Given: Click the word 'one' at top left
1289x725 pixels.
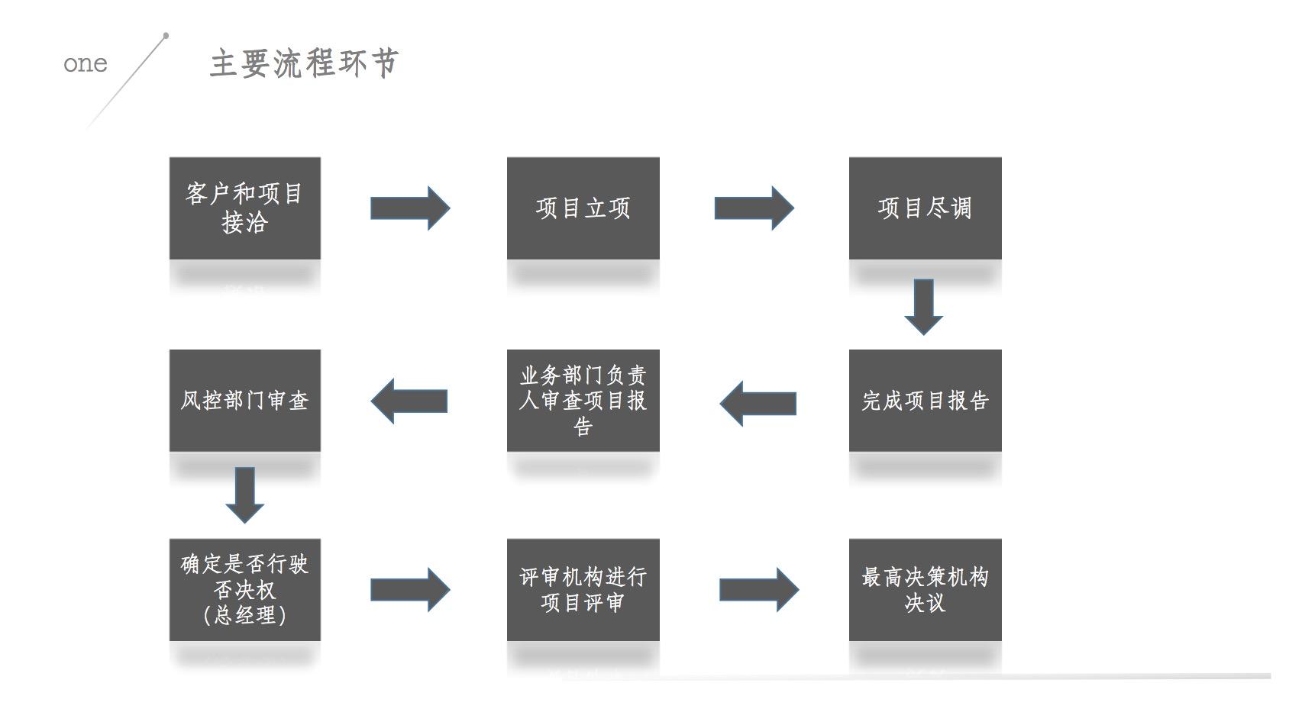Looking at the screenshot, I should [85, 63].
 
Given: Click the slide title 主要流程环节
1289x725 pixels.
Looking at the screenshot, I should [304, 63].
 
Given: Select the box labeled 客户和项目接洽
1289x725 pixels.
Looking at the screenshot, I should [244, 208].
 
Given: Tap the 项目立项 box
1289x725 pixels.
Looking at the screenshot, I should [583, 208].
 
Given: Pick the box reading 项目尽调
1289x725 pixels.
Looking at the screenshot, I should [925, 208].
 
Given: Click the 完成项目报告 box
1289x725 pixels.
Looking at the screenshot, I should [925, 400].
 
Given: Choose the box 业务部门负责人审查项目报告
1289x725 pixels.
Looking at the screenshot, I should [583, 400].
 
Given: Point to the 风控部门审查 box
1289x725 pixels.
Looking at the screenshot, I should [244, 400].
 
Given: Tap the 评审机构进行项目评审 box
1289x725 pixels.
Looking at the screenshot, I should [583, 589].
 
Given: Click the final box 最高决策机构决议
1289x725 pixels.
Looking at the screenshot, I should [925, 589].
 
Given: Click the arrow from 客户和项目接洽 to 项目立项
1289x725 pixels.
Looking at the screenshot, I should [410, 208].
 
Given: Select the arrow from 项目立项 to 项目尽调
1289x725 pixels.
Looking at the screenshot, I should [754, 208].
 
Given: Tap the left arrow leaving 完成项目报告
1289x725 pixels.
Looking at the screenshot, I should [758, 403].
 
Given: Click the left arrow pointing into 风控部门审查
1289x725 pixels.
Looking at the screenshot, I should [409, 401].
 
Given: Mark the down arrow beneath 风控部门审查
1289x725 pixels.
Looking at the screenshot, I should [244, 495].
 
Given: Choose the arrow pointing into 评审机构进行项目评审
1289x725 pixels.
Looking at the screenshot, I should [410, 589].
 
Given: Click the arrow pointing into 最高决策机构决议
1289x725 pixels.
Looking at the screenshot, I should [758, 589].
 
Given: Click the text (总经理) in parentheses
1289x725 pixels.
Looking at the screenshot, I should [244, 615].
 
